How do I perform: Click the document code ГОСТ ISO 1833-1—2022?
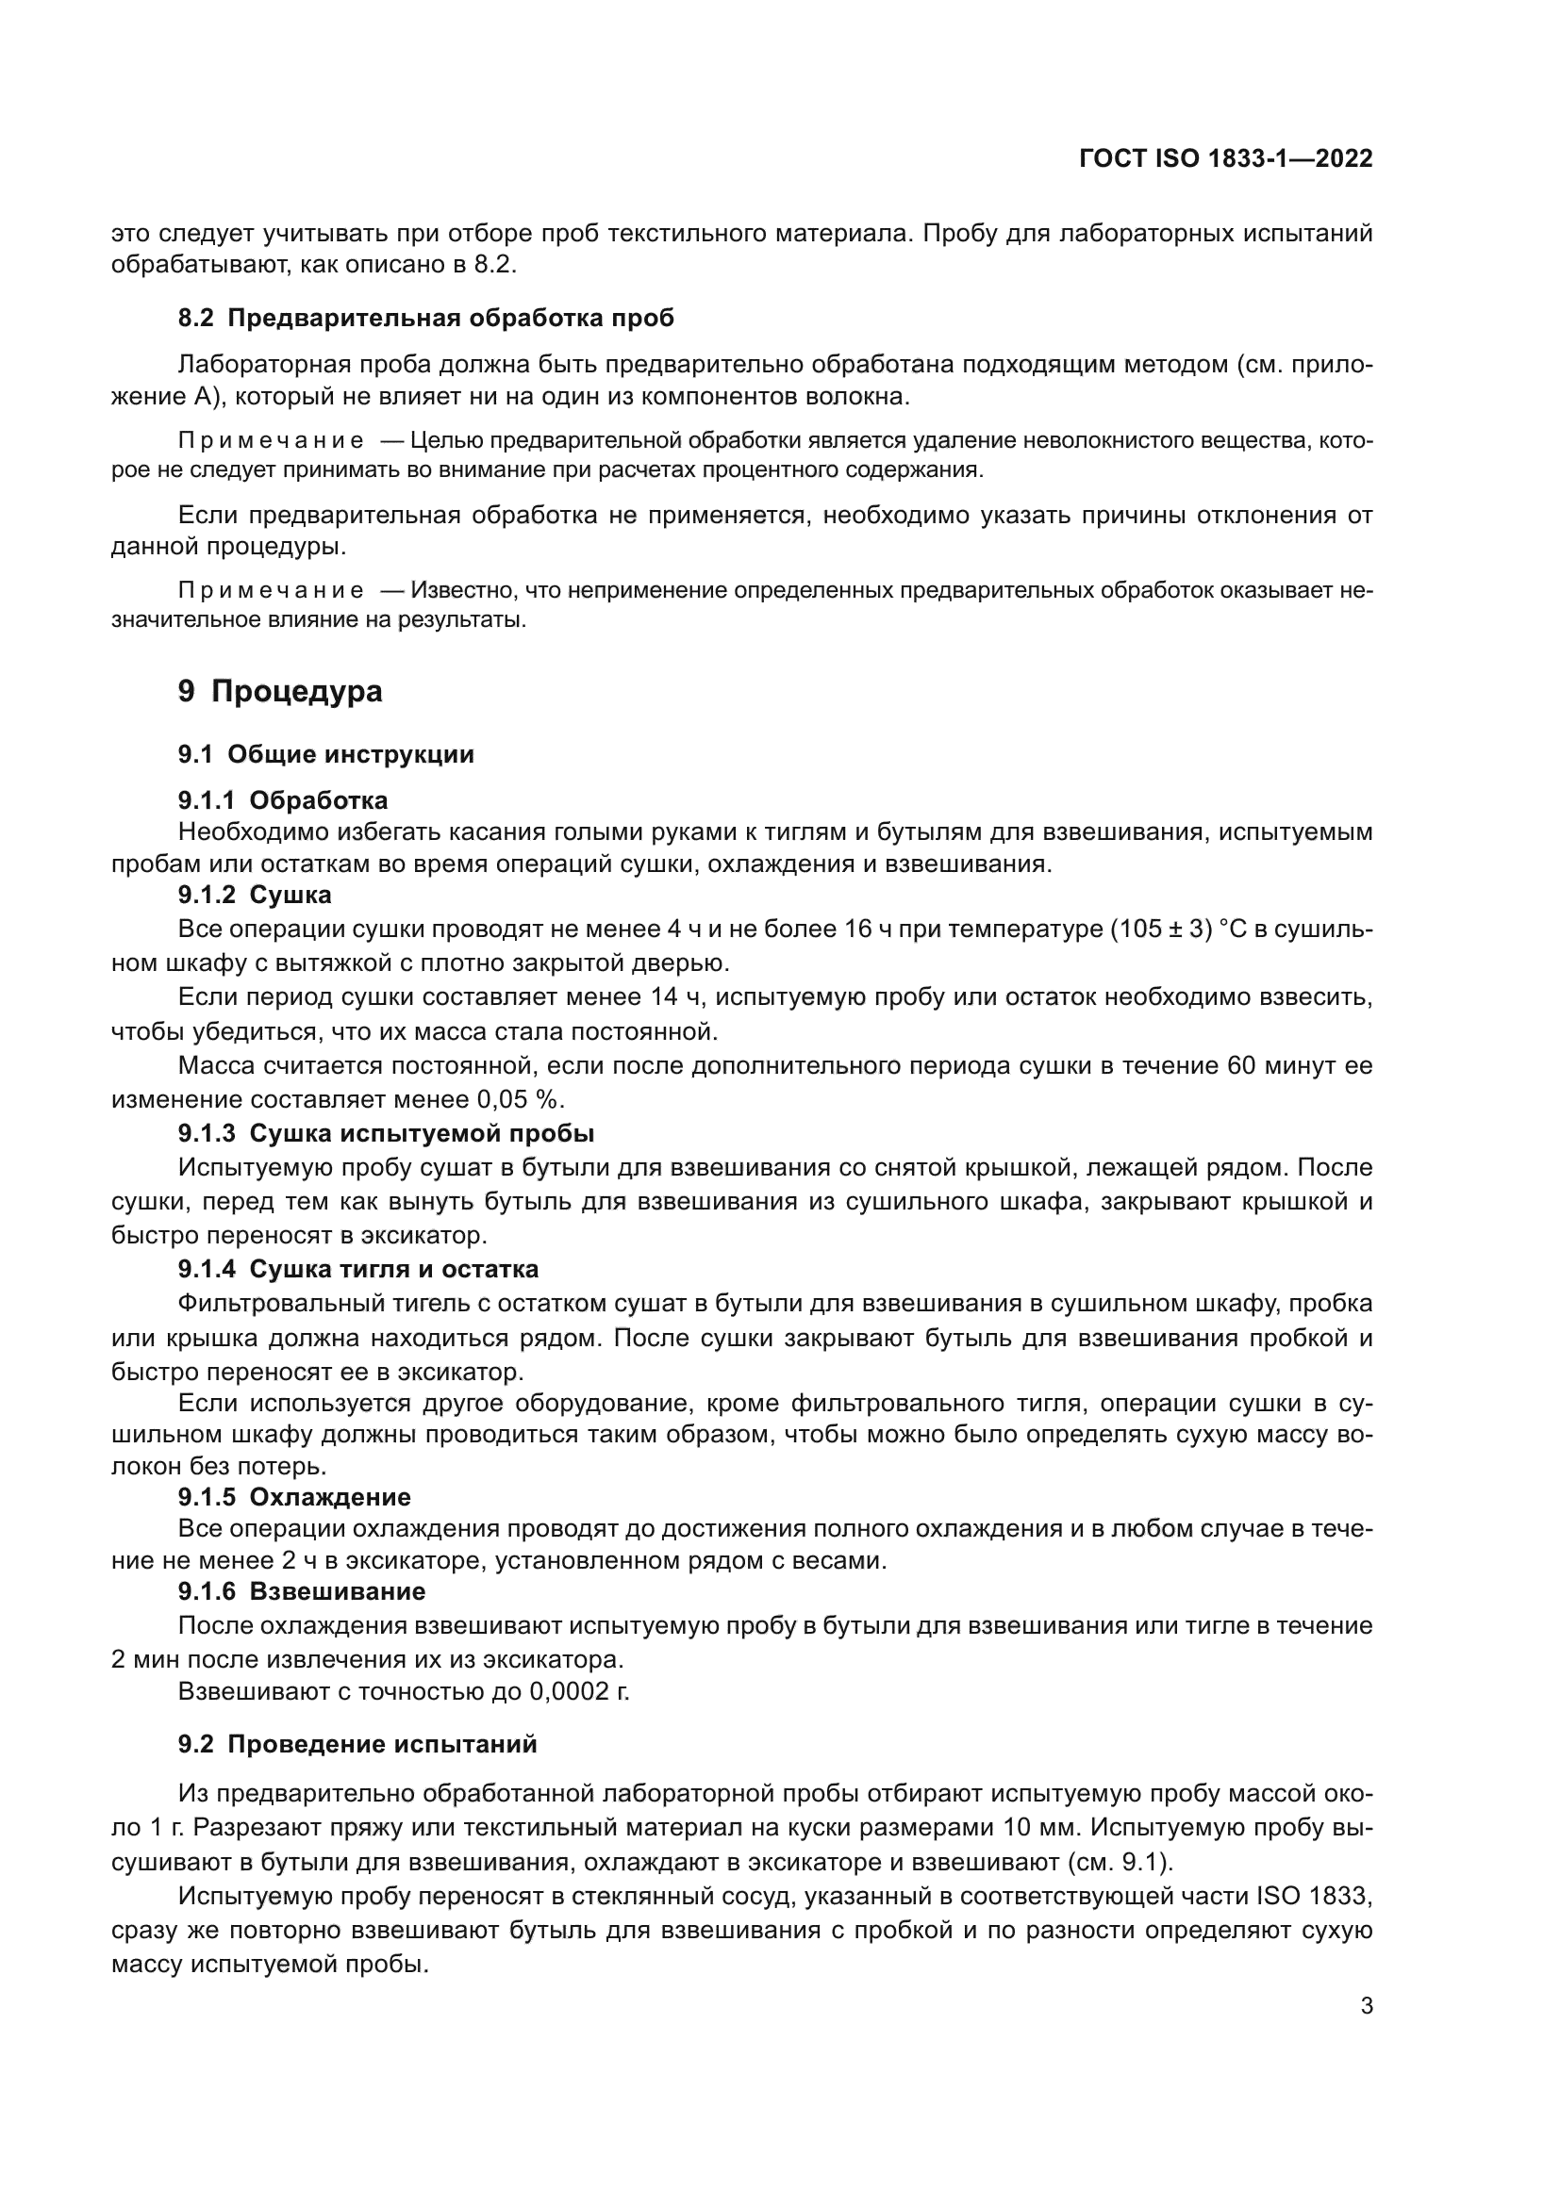(x=1226, y=158)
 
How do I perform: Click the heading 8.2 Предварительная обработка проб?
(x=425, y=318)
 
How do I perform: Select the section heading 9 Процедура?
(x=279, y=691)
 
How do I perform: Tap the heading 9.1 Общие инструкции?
(x=325, y=754)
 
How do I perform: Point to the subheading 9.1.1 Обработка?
(x=282, y=800)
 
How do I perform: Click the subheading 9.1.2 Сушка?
(x=255, y=895)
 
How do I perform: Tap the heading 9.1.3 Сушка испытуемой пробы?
(x=385, y=1133)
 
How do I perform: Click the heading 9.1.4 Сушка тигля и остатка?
(x=357, y=1269)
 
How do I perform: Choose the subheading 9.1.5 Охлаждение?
(x=294, y=1497)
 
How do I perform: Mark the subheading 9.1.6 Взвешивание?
(x=301, y=1591)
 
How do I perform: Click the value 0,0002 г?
(x=579, y=1691)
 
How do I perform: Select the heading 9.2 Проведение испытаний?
(x=357, y=1744)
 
